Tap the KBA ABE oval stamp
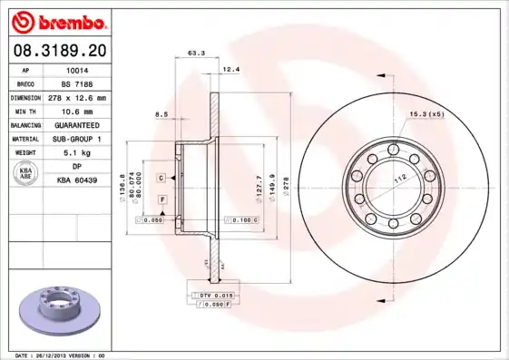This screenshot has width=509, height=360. (26, 173)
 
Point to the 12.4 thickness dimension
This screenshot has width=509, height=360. (230, 69)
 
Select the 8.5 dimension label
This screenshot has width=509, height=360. (162, 113)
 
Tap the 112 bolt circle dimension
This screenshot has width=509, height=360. (398, 179)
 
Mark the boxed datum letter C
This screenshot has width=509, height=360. (161, 178)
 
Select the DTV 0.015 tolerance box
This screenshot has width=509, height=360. (214, 296)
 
